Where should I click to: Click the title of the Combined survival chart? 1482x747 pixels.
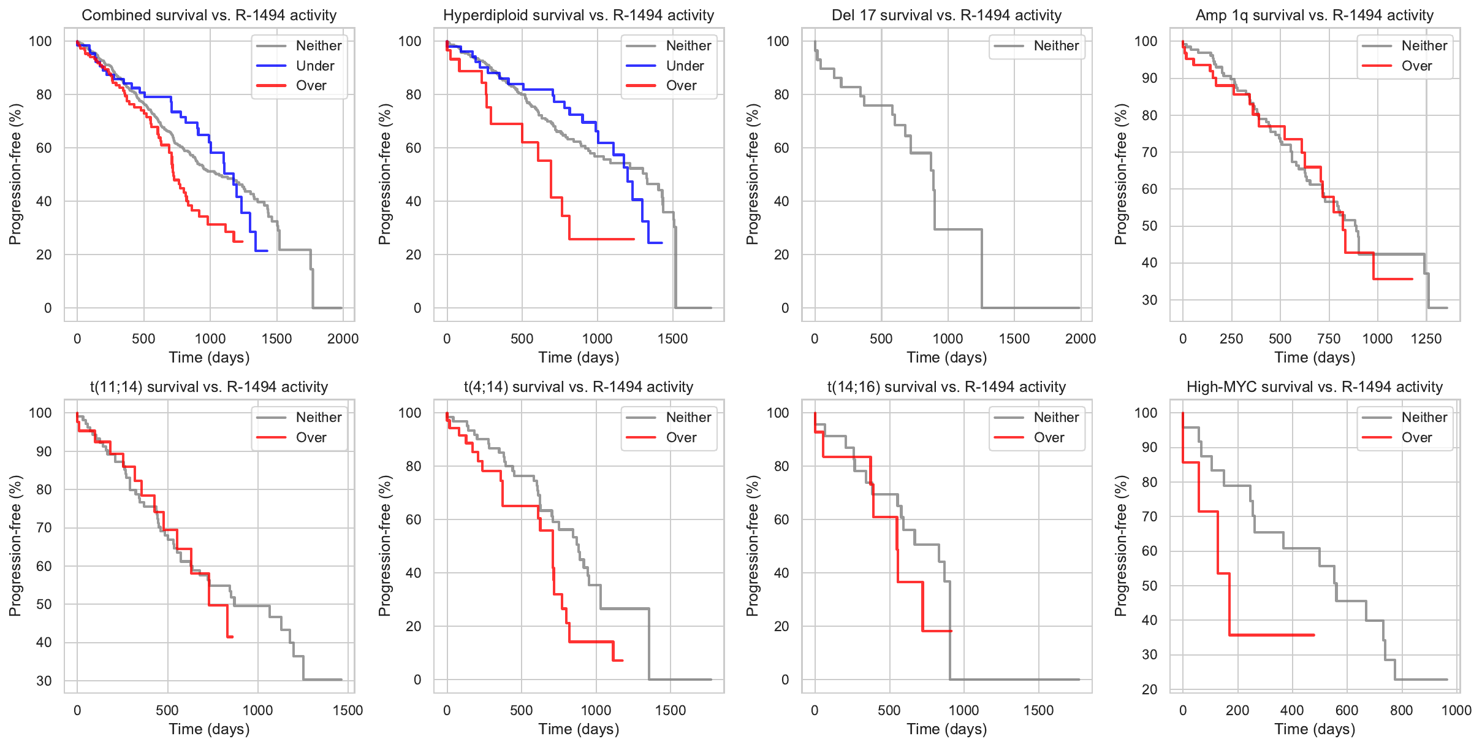pyautogui.click(x=209, y=15)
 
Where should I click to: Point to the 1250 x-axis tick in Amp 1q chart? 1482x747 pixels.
pyautogui.click(x=1426, y=339)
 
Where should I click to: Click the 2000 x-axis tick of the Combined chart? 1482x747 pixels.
pyautogui.click(x=343, y=339)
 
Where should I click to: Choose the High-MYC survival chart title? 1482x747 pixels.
pyautogui.click(x=1314, y=387)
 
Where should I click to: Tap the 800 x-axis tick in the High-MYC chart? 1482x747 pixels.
pyautogui.click(x=1402, y=710)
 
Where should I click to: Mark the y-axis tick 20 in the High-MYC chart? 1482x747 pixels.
pyautogui.click(x=1150, y=689)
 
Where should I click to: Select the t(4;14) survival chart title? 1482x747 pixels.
pyautogui.click(x=578, y=387)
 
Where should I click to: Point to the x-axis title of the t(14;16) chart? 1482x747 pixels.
pyautogui.click(x=946, y=729)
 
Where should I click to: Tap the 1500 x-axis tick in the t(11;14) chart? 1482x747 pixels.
pyautogui.click(x=348, y=710)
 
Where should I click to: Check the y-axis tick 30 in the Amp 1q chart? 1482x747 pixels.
pyautogui.click(x=1150, y=300)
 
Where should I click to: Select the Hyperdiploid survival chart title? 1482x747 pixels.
pyautogui.click(x=578, y=15)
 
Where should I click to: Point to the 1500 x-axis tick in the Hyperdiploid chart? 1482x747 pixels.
pyautogui.click(x=672, y=339)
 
